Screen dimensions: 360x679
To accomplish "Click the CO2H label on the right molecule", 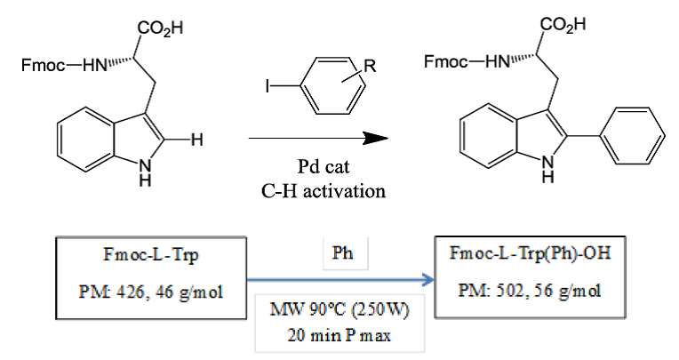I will (564, 27).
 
